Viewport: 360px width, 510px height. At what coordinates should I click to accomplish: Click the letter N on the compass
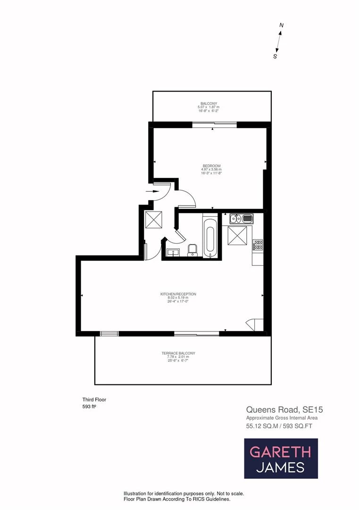[x=281, y=25]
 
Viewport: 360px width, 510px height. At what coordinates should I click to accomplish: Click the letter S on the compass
[x=275, y=56]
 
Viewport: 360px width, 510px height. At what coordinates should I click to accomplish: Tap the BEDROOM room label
[x=211, y=166]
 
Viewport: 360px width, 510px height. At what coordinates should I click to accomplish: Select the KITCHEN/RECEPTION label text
[x=178, y=294]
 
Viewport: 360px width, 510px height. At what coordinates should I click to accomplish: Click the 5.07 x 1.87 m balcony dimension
[x=209, y=107]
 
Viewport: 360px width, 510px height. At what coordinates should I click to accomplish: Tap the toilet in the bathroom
[x=193, y=250]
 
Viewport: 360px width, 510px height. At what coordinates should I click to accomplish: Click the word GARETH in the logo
[x=280, y=451]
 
